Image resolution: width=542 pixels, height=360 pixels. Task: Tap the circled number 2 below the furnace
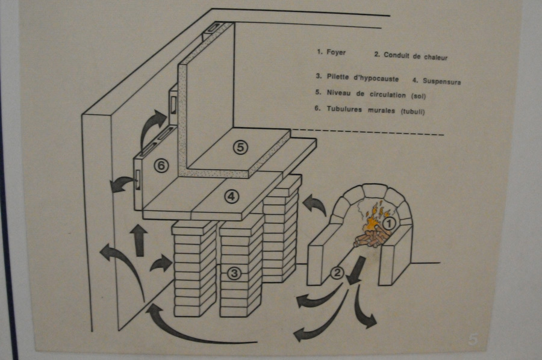[x=338, y=273]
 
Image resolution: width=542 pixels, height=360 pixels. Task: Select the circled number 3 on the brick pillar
[x=235, y=273]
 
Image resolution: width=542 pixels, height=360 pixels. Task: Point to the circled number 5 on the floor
[x=240, y=146]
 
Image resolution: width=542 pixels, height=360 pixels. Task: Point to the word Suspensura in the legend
[x=441, y=81]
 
